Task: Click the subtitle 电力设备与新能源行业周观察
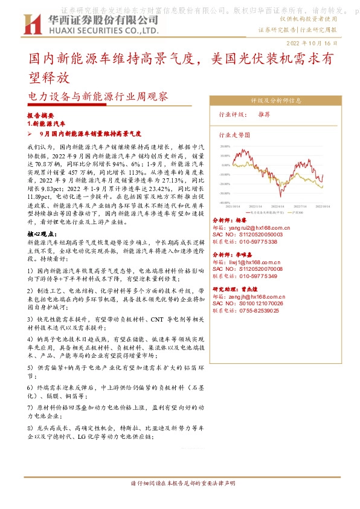pyautogui.click(x=98, y=96)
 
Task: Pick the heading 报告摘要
pyautogui.click(x=40, y=115)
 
